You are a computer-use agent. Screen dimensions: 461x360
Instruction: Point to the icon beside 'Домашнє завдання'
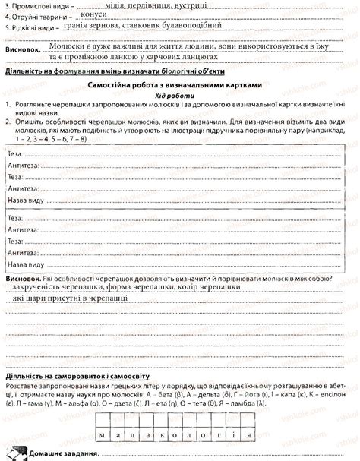tap(17, 453)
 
